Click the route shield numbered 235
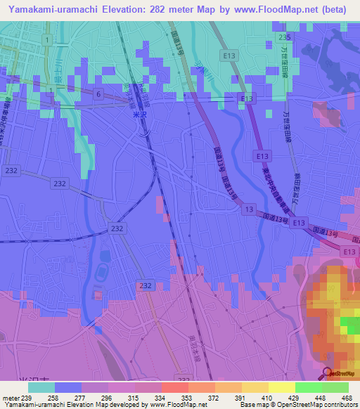point(284,37)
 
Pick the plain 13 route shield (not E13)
point(249,209)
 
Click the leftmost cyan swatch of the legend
point(41,387)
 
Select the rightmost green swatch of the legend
point(335,387)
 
